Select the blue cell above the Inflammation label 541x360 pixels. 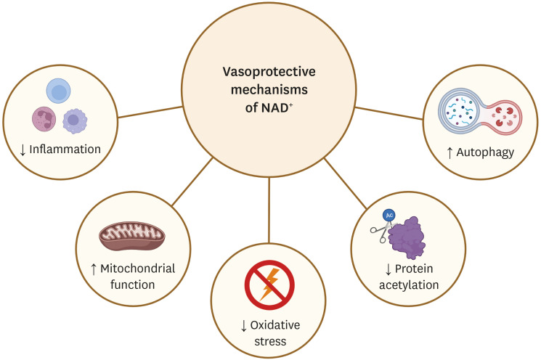tap(58, 91)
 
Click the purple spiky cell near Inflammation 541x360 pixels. tap(74, 120)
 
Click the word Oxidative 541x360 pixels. tap(277, 324)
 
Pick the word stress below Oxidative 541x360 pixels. tap(270, 340)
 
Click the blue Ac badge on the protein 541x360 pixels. tap(390, 216)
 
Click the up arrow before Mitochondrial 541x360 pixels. tap(94, 269)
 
